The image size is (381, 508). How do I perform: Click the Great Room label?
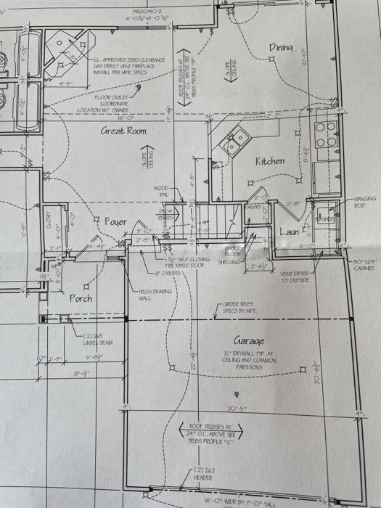tap(123, 131)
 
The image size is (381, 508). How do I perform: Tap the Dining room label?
tap(282, 47)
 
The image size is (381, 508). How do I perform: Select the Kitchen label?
tap(270, 160)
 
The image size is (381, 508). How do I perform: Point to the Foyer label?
tap(115, 221)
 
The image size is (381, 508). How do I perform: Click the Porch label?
tap(81, 298)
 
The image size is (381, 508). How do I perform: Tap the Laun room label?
tap(290, 232)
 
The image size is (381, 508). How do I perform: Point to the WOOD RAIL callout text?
tap(161, 192)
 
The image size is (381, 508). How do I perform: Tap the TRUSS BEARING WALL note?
tap(154, 294)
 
